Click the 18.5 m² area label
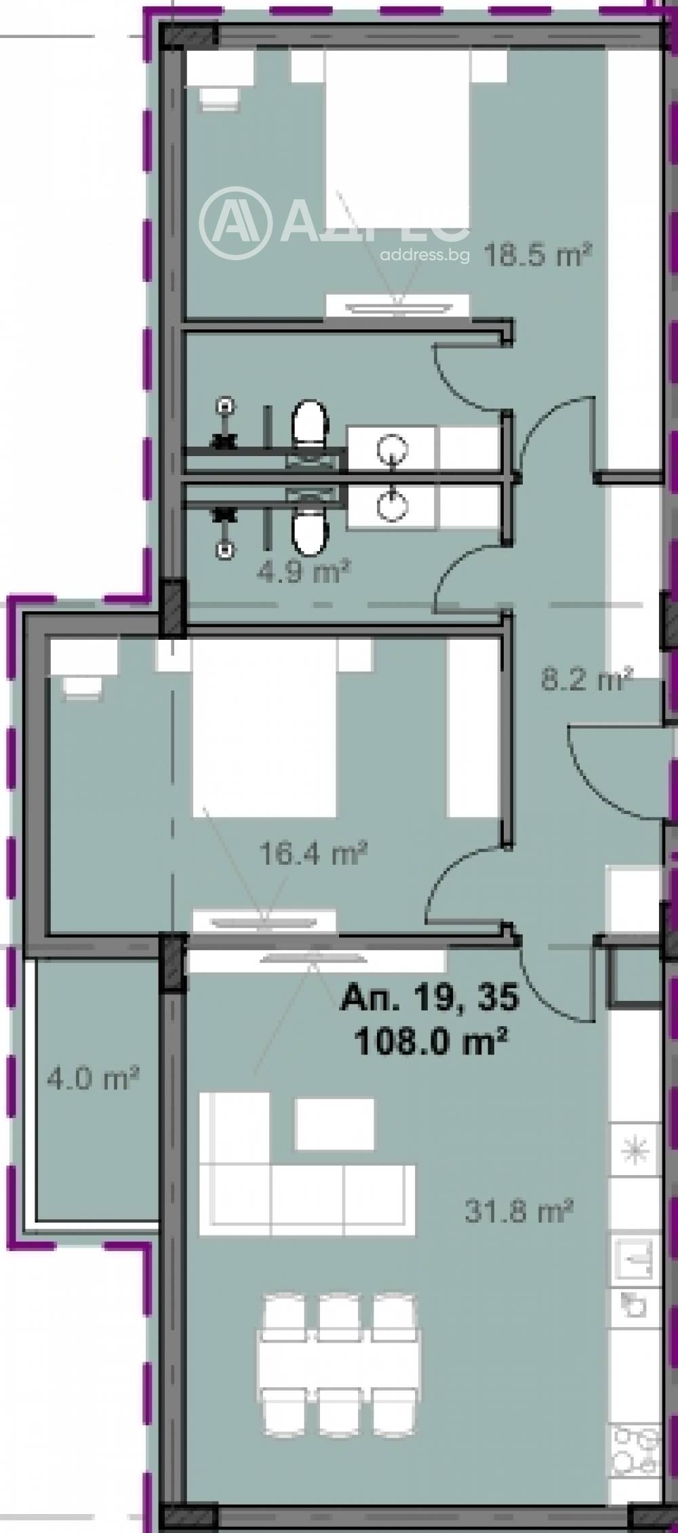(x=538, y=256)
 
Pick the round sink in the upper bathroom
(x=393, y=448)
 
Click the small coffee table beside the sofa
(x=335, y=1124)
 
